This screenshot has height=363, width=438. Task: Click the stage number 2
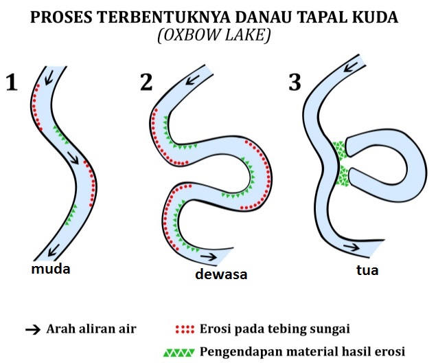[146, 82]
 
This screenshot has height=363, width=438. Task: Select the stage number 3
[295, 82]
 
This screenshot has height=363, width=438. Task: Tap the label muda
[51, 269]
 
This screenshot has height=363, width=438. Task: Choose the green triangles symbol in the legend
[178, 352]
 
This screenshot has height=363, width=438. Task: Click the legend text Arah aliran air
[91, 329]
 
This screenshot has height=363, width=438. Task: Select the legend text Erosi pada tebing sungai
[275, 329]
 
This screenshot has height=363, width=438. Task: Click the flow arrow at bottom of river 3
[351, 246]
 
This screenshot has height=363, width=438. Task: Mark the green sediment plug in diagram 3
[340, 163]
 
